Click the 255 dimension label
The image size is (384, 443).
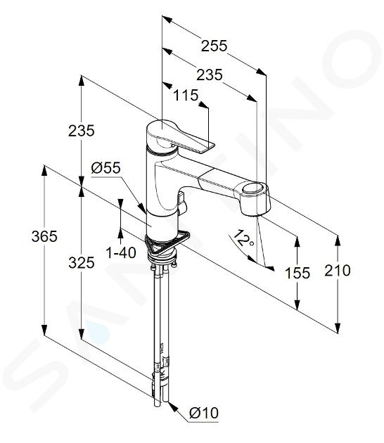point(214,46)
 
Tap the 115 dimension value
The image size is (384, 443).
point(186,95)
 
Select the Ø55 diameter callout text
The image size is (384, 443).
point(105,168)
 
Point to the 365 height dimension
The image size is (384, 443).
point(44,236)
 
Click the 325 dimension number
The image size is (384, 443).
point(82,263)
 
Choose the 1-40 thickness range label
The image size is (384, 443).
point(121,252)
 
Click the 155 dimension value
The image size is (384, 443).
point(297,273)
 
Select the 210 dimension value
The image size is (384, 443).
point(338,270)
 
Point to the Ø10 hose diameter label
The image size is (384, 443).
point(204,413)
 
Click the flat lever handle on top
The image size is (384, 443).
point(181,136)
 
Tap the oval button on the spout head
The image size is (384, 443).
point(254,188)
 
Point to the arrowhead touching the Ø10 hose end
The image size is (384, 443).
point(172,405)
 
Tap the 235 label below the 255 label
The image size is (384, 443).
point(210,75)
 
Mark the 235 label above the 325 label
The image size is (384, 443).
point(82,131)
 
